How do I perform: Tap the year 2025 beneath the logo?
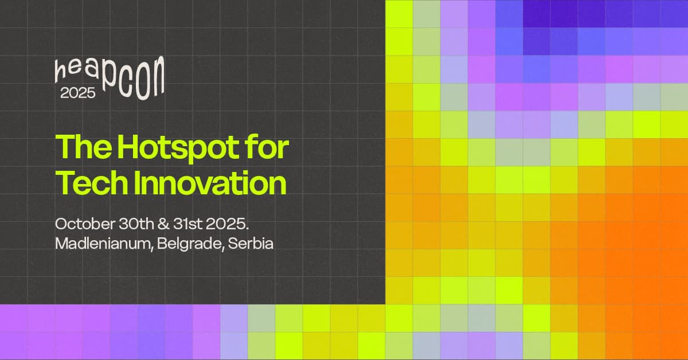[x=78, y=93]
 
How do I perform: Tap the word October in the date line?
[x=85, y=224]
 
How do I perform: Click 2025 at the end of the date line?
[x=227, y=224]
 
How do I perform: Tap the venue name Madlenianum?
[x=104, y=244]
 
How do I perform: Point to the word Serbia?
[x=251, y=244]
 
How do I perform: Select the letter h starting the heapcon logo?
[x=61, y=71]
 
